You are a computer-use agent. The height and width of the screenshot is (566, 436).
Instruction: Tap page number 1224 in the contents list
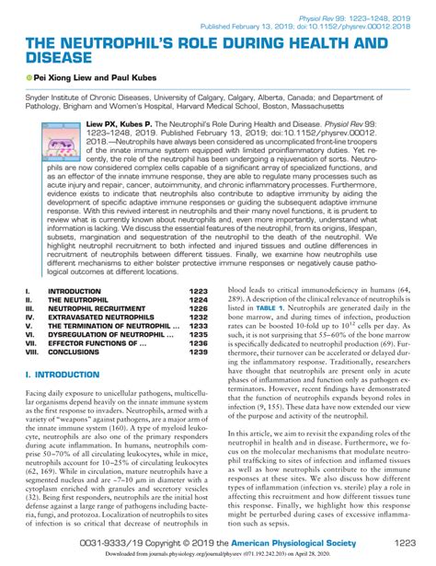point(200,300)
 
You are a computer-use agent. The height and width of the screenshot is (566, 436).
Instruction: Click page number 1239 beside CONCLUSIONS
point(200,352)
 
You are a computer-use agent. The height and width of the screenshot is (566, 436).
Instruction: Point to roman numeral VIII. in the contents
point(31,352)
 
